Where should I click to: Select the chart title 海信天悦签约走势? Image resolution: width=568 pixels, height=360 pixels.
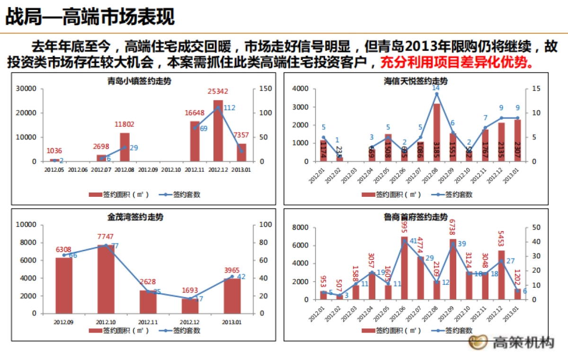point(415,81)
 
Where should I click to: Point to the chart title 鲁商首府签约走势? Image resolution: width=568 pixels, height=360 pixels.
point(415,217)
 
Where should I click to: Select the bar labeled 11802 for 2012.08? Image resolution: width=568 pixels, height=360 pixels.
point(124,147)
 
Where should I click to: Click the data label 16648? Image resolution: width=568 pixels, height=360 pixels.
point(195,112)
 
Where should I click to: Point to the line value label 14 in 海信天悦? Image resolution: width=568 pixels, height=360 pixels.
point(436,88)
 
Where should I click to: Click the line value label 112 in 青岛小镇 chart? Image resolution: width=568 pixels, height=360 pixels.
point(229,108)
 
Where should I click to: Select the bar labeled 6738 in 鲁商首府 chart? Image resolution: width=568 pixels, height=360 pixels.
point(453,270)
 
